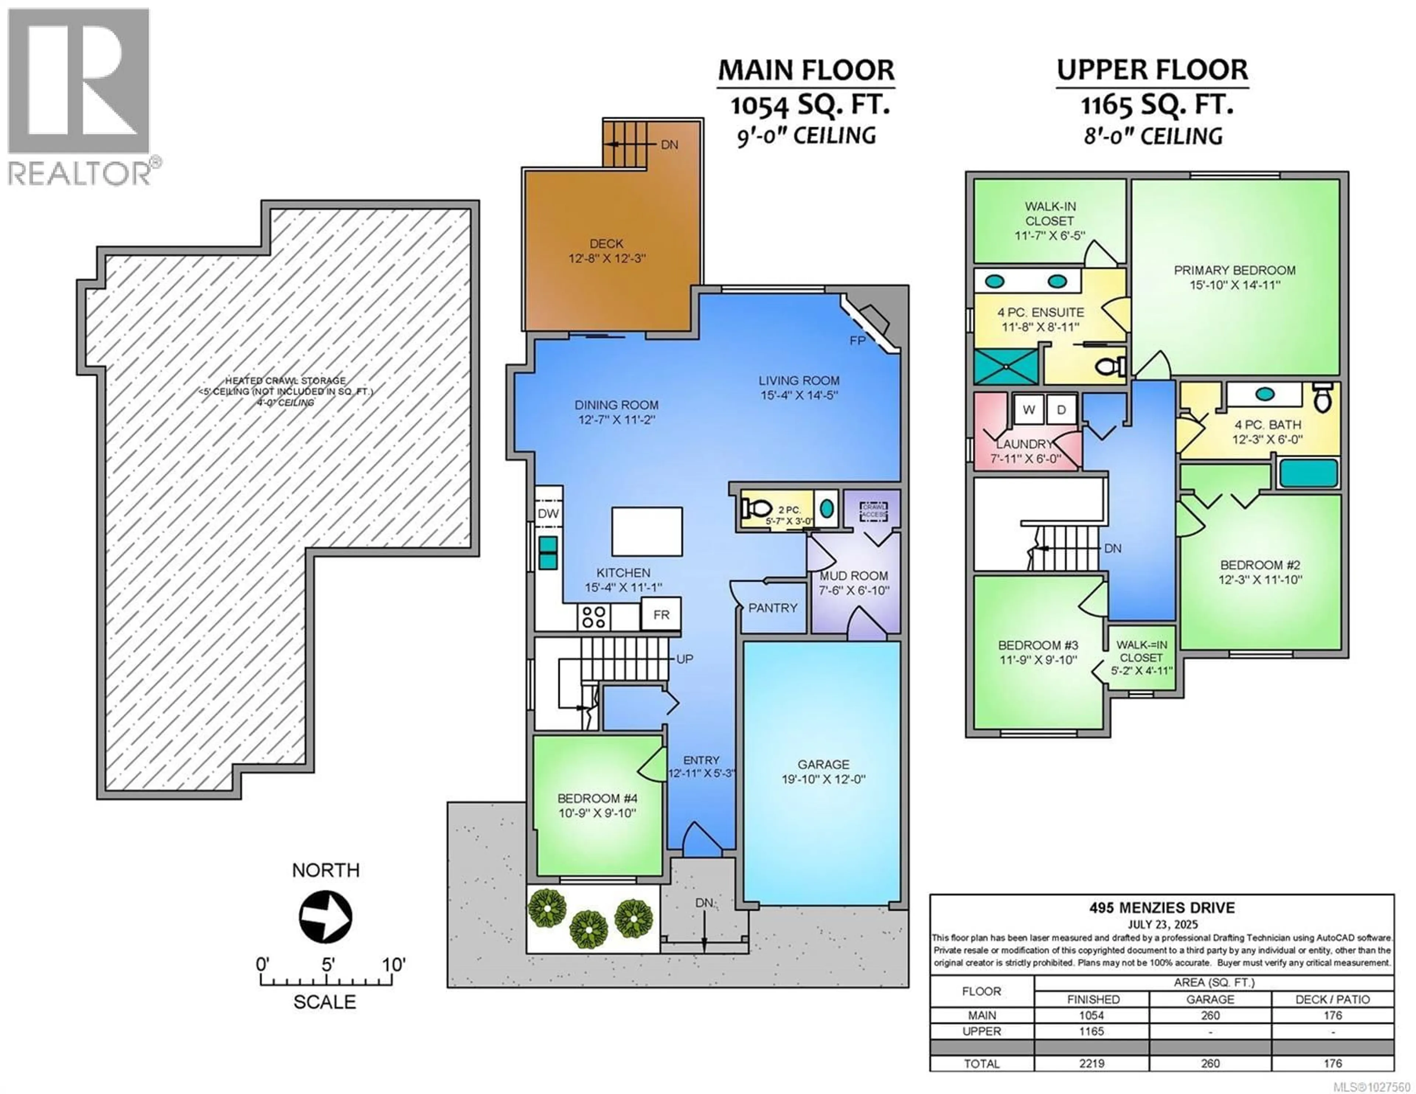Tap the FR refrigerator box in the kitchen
coord(661,614)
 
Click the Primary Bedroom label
coord(1235,270)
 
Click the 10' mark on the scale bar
coord(393,965)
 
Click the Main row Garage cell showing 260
coord(1210,1015)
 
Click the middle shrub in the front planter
coord(588,929)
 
